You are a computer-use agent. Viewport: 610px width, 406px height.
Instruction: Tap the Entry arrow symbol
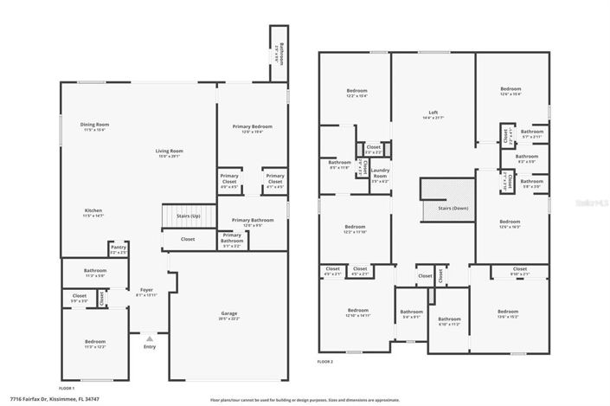pyautogui.click(x=150, y=338)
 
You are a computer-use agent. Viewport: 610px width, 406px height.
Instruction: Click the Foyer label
pyautogui.click(x=147, y=292)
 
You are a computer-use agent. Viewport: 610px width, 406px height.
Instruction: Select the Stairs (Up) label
pyautogui.click(x=188, y=216)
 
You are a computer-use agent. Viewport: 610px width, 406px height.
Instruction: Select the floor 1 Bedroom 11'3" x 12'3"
pyautogui.click(x=95, y=344)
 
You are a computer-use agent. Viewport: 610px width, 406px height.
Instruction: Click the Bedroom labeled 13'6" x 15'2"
pyautogui.click(x=507, y=313)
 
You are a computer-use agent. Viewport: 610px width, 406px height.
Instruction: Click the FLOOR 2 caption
pyautogui.click(x=324, y=361)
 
